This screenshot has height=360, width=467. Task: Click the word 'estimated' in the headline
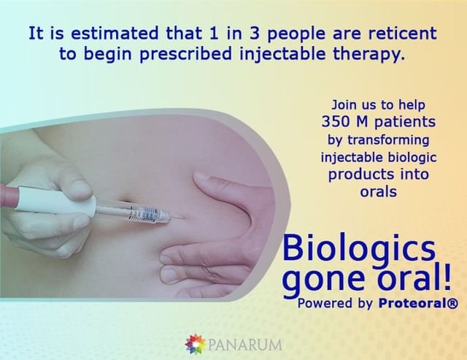[x=115, y=33]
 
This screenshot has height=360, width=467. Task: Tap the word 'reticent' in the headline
[x=403, y=33]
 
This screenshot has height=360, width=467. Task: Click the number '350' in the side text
[x=336, y=122]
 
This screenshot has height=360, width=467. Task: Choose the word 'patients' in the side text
[x=405, y=122]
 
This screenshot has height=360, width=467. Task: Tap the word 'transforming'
[x=389, y=140]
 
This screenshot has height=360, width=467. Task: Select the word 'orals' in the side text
[x=378, y=191]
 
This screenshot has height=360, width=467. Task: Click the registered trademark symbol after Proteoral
[x=452, y=304]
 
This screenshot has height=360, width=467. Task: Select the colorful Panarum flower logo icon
[x=196, y=344]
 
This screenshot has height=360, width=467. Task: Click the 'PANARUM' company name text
[x=245, y=345]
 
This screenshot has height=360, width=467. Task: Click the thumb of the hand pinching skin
[x=222, y=184]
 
